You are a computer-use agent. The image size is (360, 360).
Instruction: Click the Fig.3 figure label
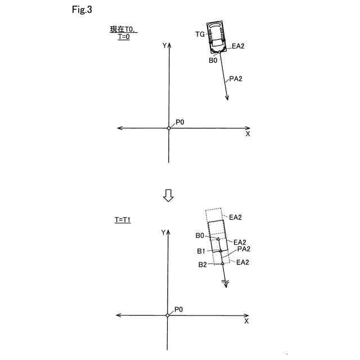click(x=82, y=11)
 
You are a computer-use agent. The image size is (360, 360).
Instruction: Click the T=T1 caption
click(x=122, y=220)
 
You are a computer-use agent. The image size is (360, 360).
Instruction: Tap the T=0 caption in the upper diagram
click(x=125, y=37)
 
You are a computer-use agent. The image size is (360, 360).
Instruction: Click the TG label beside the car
click(x=200, y=35)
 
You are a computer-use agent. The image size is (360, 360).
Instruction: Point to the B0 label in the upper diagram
click(x=213, y=60)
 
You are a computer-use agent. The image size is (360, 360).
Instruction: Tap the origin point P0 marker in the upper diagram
click(x=169, y=128)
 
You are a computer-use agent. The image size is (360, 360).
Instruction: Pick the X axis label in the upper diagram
click(x=247, y=134)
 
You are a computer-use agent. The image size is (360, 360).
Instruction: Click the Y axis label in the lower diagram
click(x=163, y=232)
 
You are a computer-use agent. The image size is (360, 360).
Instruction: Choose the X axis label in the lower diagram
click(x=246, y=321)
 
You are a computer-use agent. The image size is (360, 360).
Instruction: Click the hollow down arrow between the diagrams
click(x=168, y=195)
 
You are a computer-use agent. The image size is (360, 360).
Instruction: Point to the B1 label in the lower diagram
click(x=201, y=251)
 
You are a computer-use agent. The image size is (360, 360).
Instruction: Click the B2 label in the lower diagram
click(x=202, y=264)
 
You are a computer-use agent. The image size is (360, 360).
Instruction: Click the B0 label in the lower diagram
click(x=200, y=236)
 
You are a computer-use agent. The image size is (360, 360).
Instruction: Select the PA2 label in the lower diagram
click(x=243, y=249)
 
